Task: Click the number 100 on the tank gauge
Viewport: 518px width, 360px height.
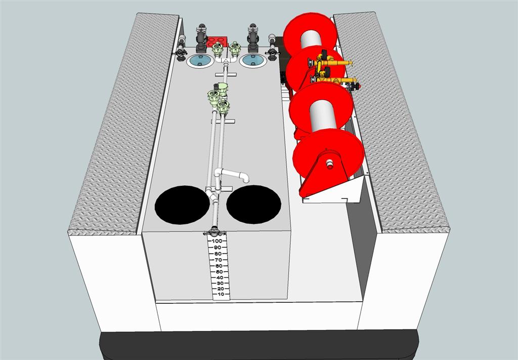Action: point(217,241)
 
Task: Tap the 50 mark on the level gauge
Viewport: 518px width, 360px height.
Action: point(218,272)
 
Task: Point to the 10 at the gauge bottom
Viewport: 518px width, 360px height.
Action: point(221,294)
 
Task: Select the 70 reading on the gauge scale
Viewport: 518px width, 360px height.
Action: point(218,260)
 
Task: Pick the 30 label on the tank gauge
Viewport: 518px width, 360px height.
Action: point(219,284)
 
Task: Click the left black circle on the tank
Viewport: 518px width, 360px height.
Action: point(182,205)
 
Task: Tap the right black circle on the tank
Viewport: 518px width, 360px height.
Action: point(254,204)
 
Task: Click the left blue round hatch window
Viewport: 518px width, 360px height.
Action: point(200,61)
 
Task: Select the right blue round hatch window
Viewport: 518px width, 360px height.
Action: point(253,61)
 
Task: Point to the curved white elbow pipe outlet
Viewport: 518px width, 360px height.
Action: point(233,175)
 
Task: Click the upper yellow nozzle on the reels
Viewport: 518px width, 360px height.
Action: point(330,61)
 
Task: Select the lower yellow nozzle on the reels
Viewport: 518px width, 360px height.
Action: point(334,78)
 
